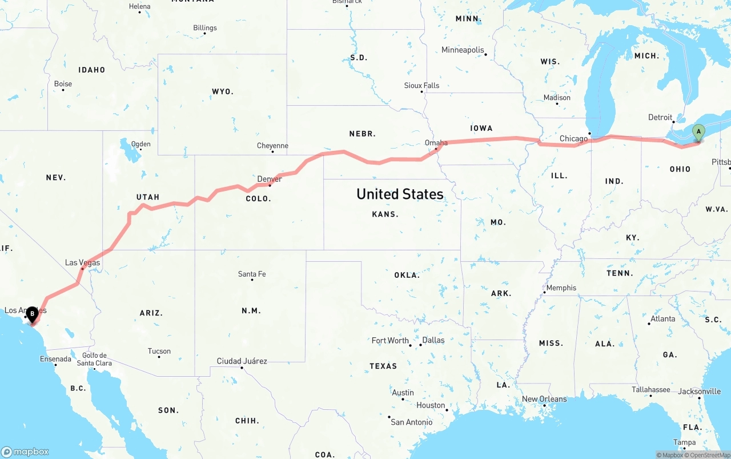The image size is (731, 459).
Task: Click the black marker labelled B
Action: click(33, 313)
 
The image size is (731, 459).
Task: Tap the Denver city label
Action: click(270, 179)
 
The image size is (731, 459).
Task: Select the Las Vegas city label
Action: click(82, 263)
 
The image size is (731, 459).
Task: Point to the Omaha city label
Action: click(436, 143)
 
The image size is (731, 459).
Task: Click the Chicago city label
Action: click(573, 139)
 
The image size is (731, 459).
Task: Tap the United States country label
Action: click(400, 194)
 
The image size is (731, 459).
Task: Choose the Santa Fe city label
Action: click(252, 274)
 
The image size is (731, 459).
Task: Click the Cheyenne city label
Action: click(272, 146)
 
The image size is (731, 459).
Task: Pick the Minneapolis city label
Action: click(463, 50)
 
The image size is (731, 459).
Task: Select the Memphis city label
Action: click(561, 288)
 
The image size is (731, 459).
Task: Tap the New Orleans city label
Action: click(544, 399)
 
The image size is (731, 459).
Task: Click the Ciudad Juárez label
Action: click(242, 361)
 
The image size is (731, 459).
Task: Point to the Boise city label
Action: click(63, 84)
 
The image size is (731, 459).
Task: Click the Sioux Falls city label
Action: click(421, 86)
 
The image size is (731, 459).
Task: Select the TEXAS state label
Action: click(383, 366)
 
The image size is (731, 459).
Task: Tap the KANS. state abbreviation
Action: click(385, 214)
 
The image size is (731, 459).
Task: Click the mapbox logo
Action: click(26, 452)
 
